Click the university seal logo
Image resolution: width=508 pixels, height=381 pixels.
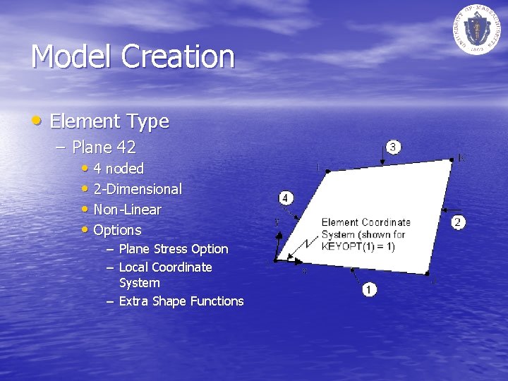tap(476, 28)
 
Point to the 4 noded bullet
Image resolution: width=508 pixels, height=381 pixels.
tap(119, 169)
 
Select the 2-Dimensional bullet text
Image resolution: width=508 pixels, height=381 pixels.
tap(138, 189)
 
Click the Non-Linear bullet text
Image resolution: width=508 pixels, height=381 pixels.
tap(127, 210)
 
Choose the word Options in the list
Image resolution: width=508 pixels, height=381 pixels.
tap(117, 230)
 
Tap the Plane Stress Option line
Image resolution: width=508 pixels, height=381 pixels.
tap(174, 249)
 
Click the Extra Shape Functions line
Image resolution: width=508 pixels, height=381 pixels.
tap(181, 301)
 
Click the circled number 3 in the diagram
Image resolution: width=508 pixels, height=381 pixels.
tap(393, 147)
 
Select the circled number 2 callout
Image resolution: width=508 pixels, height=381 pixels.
tap(459, 222)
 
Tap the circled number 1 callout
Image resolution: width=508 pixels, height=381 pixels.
tap(370, 289)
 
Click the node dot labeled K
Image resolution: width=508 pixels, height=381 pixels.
tap(452, 160)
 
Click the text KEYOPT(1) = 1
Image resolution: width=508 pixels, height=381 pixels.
tap(358, 246)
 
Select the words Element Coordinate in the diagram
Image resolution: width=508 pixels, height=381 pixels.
tap(365, 222)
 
